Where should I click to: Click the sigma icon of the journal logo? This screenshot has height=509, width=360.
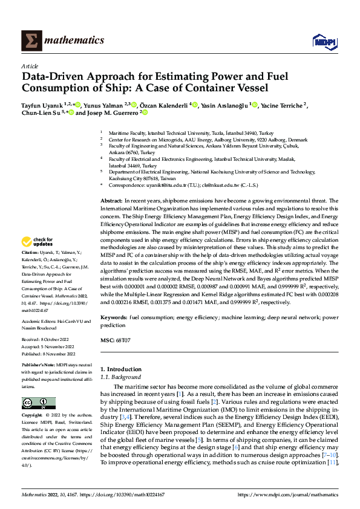[31, 41]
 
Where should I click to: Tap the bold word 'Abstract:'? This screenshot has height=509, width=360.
[113, 200]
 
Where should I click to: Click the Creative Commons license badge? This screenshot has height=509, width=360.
[38, 404]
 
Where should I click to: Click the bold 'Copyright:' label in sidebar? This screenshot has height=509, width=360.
[33, 417]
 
